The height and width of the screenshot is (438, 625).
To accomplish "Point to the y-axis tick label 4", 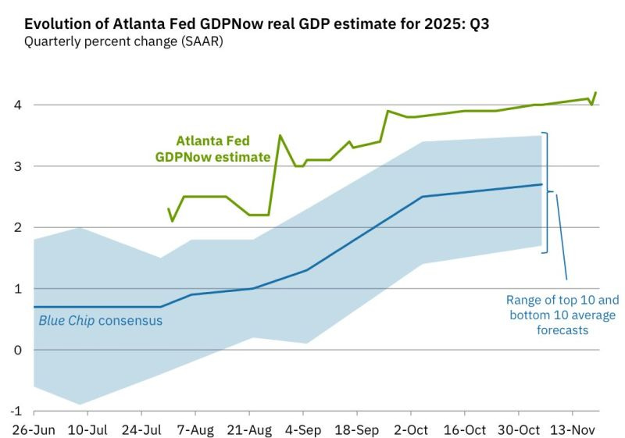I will click(x=18, y=105).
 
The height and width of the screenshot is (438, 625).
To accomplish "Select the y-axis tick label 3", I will click(x=18, y=166).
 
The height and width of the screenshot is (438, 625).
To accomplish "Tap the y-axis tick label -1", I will click(x=16, y=411).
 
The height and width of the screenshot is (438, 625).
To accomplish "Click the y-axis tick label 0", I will click(x=18, y=350).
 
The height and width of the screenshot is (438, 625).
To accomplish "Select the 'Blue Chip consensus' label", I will click(x=101, y=320).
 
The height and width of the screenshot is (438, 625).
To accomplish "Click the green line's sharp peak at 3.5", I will click(x=280, y=136).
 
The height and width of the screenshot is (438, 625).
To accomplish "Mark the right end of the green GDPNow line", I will click(x=596, y=92).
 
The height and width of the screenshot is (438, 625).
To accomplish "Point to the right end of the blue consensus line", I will click(x=541, y=185).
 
